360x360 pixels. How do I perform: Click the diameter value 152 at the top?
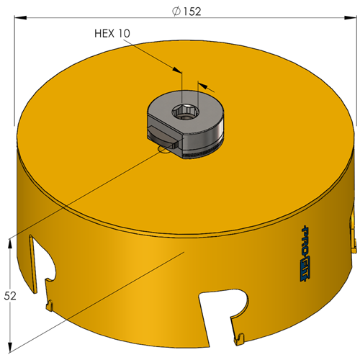(x=192, y=12)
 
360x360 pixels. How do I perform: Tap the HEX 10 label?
(x=112, y=33)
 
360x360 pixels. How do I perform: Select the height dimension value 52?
(x=10, y=296)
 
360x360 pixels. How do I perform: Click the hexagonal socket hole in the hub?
(x=185, y=112)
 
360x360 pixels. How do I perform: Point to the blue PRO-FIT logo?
(x=305, y=253)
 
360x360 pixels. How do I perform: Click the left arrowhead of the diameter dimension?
(x=20, y=17)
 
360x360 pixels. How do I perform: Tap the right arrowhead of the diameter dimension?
(x=351, y=17)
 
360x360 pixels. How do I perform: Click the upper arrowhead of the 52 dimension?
(x=10, y=245)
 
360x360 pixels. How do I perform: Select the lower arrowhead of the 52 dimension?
(x=10, y=347)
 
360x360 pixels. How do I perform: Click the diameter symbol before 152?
(x=176, y=12)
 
